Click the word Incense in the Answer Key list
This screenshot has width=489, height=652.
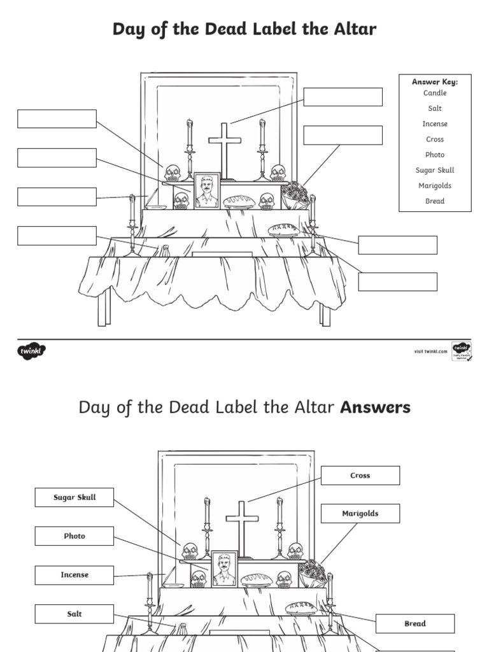tap(435, 124)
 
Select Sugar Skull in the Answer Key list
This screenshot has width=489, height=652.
tap(435, 171)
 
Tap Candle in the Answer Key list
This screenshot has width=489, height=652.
tap(435, 93)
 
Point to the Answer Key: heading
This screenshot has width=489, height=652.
tap(435, 82)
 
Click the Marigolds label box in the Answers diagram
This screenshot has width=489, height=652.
tap(360, 514)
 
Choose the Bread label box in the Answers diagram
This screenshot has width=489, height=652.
tap(415, 624)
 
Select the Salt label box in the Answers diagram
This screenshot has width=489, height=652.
tap(74, 614)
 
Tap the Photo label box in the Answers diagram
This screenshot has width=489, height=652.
tap(74, 536)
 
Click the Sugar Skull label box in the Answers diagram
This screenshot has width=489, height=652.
tap(74, 497)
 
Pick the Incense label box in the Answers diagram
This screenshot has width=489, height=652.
tap(74, 575)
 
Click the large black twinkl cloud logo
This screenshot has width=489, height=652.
tap(31, 351)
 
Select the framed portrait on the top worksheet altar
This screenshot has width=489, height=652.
tap(206, 190)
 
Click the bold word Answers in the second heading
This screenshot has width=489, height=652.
tap(376, 407)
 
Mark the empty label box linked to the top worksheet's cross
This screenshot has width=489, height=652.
tap(343, 97)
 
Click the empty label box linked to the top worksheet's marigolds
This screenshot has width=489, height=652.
tap(343, 135)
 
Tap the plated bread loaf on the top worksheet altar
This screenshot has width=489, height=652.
tap(285, 230)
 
